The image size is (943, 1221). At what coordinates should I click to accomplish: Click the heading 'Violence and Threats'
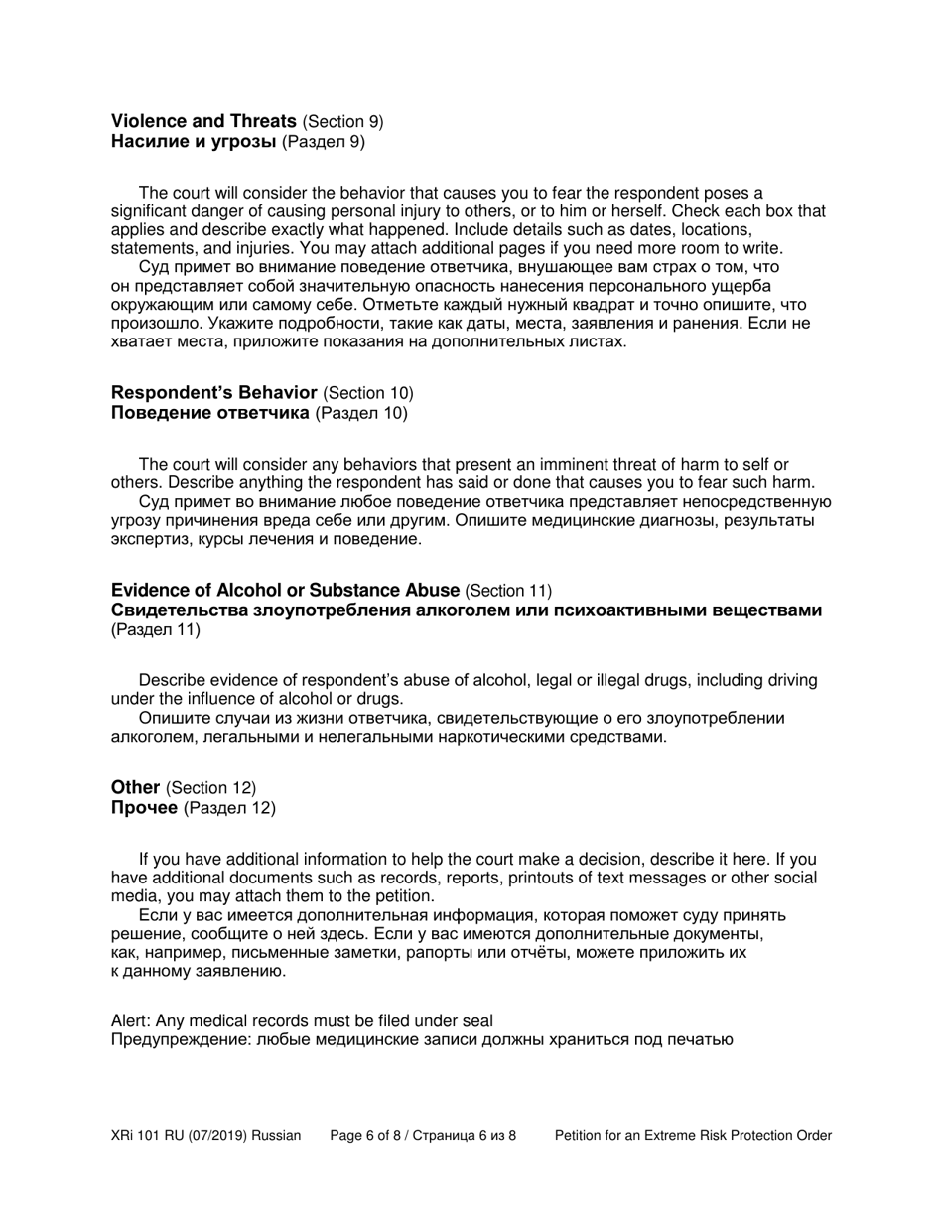tap(203, 121)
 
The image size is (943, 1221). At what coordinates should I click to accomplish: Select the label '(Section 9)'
tap(343, 121)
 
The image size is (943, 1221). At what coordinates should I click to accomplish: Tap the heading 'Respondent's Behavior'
tap(213, 392)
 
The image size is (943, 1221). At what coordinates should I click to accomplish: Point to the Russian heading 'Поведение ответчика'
tap(209, 412)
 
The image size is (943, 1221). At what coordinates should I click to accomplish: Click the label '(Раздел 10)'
tap(361, 412)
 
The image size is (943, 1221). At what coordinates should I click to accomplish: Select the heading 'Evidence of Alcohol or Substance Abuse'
tap(285, 590)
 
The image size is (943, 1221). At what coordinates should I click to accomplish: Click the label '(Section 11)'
tap(508, 590)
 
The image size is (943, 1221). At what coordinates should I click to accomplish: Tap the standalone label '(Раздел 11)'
tap(156, 629)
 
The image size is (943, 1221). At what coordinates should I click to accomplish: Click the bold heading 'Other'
tap(135, 787)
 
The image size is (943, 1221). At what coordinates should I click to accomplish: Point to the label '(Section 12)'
tap(210, 787)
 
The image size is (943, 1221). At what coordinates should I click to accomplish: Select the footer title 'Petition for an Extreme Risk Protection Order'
tap(693, 1135)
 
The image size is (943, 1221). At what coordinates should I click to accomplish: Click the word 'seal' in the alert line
tap(476, 1020)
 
